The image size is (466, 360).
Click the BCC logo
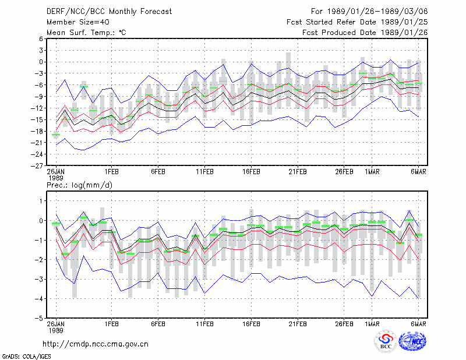[x=386, y=342]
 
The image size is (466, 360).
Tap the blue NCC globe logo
[x=413, y=341]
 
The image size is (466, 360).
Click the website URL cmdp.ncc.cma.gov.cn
[x=96, y=344]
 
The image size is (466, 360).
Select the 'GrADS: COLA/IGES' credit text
[x=26, y=357]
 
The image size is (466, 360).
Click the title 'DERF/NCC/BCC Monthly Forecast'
[x=109, y=12]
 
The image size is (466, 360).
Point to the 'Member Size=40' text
[x=78, y=22]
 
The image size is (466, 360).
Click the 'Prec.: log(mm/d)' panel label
[x=79, y=185]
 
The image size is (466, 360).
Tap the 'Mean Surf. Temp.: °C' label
[x=86, y=33]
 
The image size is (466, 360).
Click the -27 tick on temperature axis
[x=37, y=165]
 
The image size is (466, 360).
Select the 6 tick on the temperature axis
[x=41, y=39]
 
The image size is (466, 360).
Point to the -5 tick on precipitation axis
[x=38, y=319]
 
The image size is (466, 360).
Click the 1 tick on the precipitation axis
[x=41, y=201]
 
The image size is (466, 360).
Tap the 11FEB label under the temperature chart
[x=205, y=172]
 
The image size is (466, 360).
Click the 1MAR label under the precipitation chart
[x=372, y=324]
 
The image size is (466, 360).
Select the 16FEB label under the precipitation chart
[x=252, y=324]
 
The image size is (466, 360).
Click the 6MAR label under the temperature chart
[x=418, y=172]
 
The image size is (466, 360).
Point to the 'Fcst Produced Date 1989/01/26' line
[x=365, y=33]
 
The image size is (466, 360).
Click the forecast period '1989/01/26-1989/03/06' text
[x=377, y=12]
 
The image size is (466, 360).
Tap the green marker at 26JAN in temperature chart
[x=56, y=135]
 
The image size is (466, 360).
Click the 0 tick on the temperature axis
[x=41, y=62]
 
